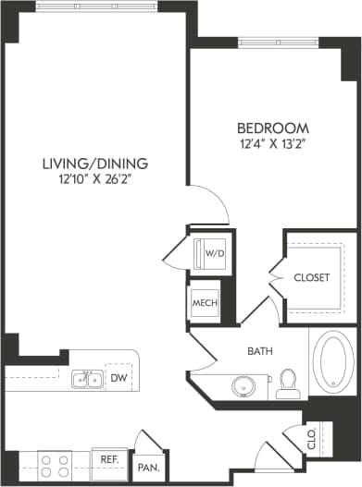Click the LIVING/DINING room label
tap(94, 164)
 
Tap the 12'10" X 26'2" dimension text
tap(94, 179)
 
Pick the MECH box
tap(205, 302)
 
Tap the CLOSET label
tap(311, 277)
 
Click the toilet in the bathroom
tap(288, 381)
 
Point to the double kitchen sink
tap(87, 378)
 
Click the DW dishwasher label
tap(118, 378)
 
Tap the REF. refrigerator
tap(109, 459)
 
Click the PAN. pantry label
tap(148, 469)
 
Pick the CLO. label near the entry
tap(312, 437)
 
